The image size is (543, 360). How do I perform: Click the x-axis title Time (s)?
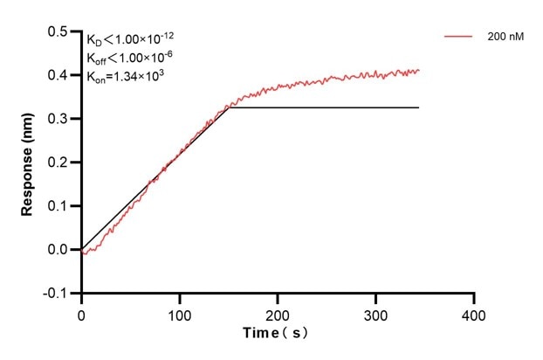275,334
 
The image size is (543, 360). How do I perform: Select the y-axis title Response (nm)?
29,163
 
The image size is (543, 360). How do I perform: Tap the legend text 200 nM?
505,38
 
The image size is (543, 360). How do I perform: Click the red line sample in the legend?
458,38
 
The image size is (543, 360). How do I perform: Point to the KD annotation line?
128,39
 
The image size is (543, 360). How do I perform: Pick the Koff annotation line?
128,58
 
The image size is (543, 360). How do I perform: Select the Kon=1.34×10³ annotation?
126,76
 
